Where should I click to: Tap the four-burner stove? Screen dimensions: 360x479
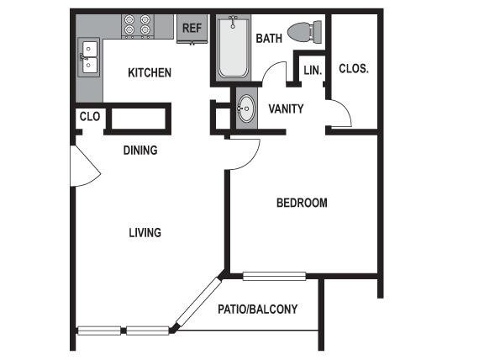pyautogui.click(x=137, y=25)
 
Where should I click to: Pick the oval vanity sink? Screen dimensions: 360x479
pyautogui.click(x=246, y=109)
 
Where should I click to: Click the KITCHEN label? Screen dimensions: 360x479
pyautogui.click(x=149, y=73)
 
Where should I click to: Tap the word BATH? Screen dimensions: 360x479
pyautogui.click(x=269, y=38)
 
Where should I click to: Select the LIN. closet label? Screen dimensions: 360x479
pyautogui.click(x=313, y=71)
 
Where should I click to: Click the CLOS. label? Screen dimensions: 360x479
pyautogui.click(x=353, y=69)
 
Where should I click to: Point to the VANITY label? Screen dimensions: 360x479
pyautogui.click(x=286, y=109)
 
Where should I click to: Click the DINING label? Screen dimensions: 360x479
pyautogui.click(x=140, y=151)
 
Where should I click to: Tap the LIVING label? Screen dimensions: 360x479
pyautogui.click(x=145, y=232)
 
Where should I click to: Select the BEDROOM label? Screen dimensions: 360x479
pyautogui.click(x=302, y=203)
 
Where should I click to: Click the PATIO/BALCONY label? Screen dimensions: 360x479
pyautogui.click(x=258, y=310)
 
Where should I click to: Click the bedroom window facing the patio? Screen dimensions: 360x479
pyautogui.click(x=274, y=275)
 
